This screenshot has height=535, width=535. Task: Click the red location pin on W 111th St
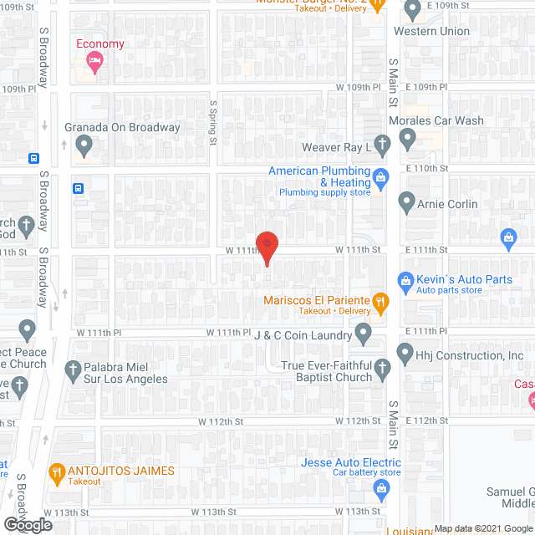267,245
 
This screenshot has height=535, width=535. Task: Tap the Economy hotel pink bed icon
94,62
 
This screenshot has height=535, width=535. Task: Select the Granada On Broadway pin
83,146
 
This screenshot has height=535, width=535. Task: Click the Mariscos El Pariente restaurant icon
380,302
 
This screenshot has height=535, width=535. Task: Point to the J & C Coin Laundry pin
364,334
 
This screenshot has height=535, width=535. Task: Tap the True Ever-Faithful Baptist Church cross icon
382,368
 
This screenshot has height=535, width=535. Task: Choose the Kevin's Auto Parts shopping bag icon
405,280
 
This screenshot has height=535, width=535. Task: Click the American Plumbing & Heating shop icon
380,177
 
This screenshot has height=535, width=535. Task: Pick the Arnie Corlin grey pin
406,202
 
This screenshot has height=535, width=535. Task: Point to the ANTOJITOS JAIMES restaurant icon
58,472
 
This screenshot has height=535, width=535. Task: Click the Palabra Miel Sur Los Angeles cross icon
72,369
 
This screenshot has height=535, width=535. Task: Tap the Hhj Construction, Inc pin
405,354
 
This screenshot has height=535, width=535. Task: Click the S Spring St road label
213,122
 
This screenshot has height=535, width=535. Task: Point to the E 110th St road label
426,168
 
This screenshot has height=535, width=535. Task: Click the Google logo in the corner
27,525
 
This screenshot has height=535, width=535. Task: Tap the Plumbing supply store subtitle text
324,193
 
